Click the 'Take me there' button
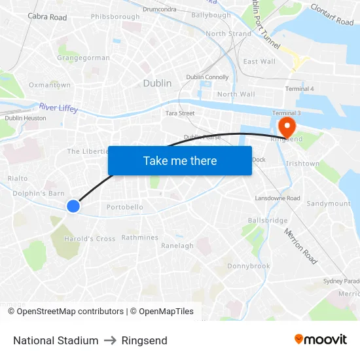pos(180,160)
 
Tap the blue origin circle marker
pos(73,206)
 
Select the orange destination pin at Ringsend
pos(287,124)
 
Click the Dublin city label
pos(157,83)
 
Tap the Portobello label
pos(124,207)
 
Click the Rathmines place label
pos(139,238)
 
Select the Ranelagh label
pos(177,246)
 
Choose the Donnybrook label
pos(249,266)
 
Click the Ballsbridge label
pos(268,221)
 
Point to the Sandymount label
pos(329,204)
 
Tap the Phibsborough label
pos(115,16)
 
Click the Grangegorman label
pos(83,58)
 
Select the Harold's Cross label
pos(90,239)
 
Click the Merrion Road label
pos(300,246)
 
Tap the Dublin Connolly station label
pos(207,77)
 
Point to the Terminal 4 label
pos(299,88)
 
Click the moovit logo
pos(320,340)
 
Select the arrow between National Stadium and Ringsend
pos(110,340)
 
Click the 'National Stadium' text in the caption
pos(56,340)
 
